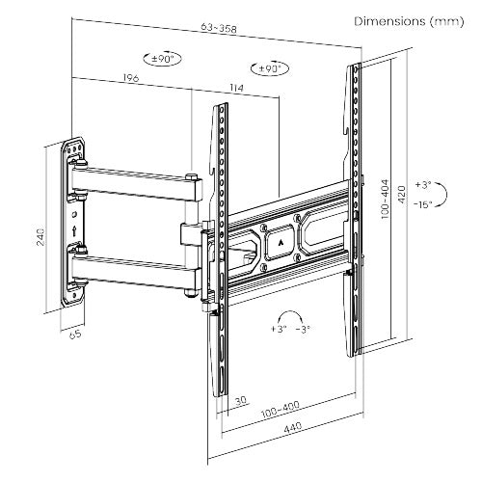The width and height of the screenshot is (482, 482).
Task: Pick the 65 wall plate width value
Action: pyautogui.click(x=75, y=336)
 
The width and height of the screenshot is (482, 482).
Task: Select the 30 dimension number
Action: pyautogui.click(x=239, y=398)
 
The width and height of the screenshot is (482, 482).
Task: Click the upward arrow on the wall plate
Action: pyautogui.click(x=74, y=230)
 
